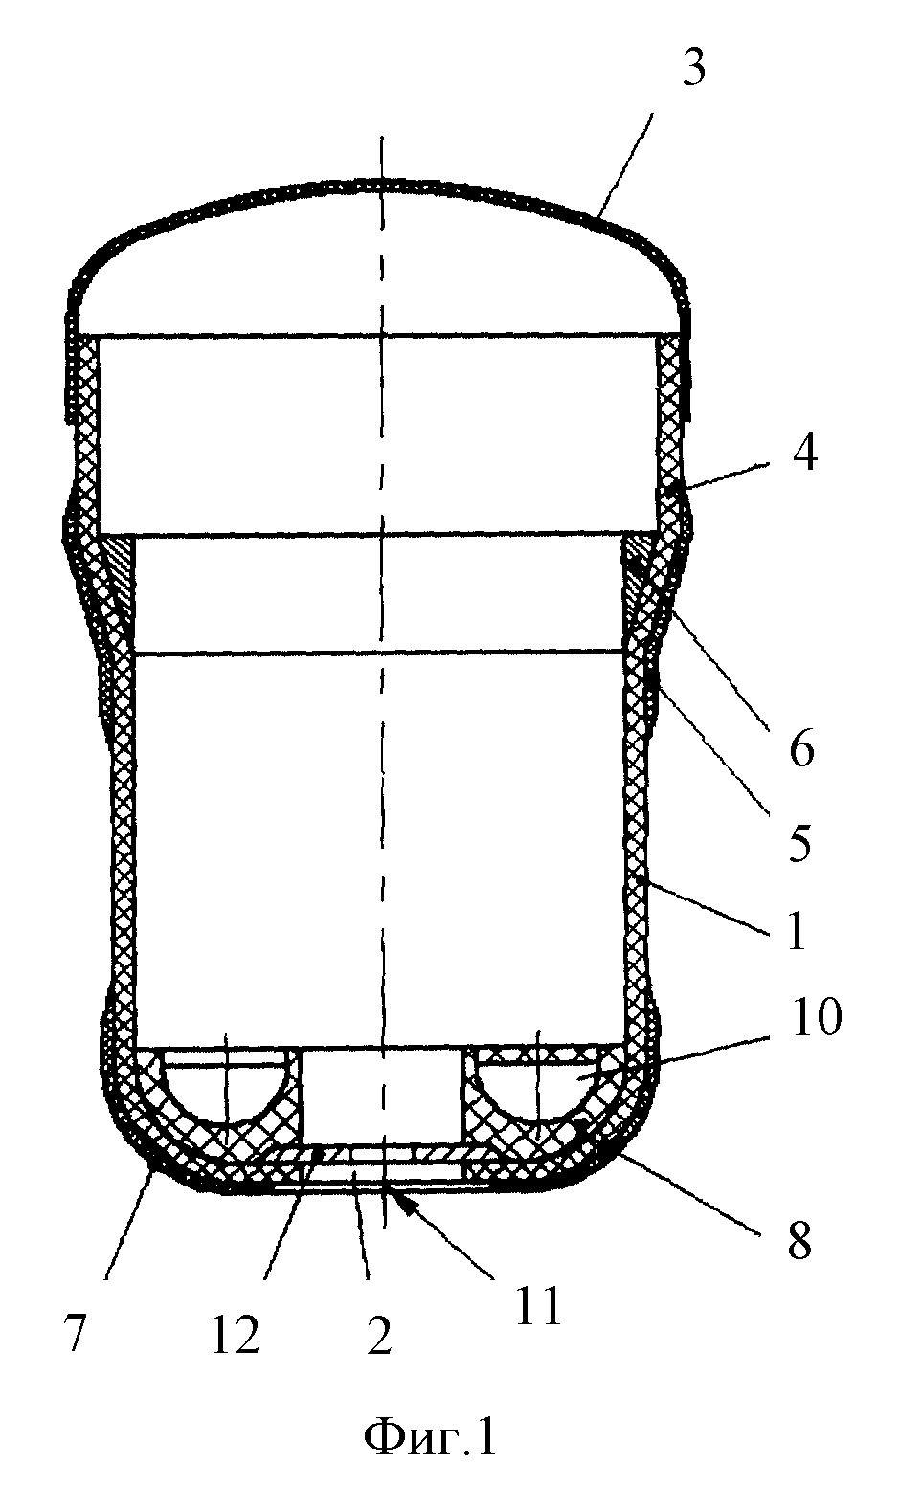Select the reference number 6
[x=801, y=749]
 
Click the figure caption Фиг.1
[x=429, y=1435]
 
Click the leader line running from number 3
[x=624, y=165]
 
